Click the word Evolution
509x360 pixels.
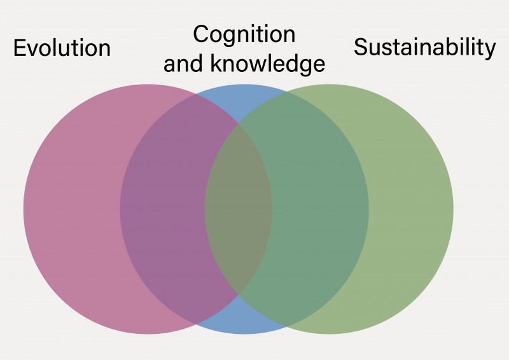click(62, 48)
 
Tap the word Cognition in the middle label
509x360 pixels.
click(244, 34)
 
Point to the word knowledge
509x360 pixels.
click(267, 64)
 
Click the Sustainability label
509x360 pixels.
click(424, 48)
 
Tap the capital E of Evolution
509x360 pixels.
click(19, 48)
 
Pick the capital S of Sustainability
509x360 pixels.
click(360, 48)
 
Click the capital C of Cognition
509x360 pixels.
click(200, 34)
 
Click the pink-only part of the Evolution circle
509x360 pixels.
click(70, 210)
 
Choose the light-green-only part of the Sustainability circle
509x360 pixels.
click(414, 210)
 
